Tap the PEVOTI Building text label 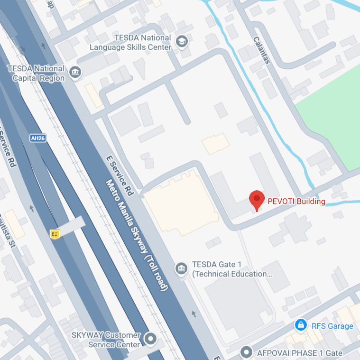tap(296, 202)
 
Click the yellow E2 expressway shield tap(55, 234)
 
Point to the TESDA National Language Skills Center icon tap(181, 42)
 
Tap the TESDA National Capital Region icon tap(75, 73)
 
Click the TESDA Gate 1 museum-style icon tap(181, 268)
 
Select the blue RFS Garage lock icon tap(300, 325)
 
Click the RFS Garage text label tap(332, 326)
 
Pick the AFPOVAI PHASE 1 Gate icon tap(246, 352)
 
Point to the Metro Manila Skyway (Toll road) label tap(137, 235)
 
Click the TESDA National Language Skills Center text tap(130, 43)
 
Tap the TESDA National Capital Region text tap(36, 74)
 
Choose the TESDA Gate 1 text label tap(231, 269)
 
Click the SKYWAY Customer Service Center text tap(106, 340)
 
